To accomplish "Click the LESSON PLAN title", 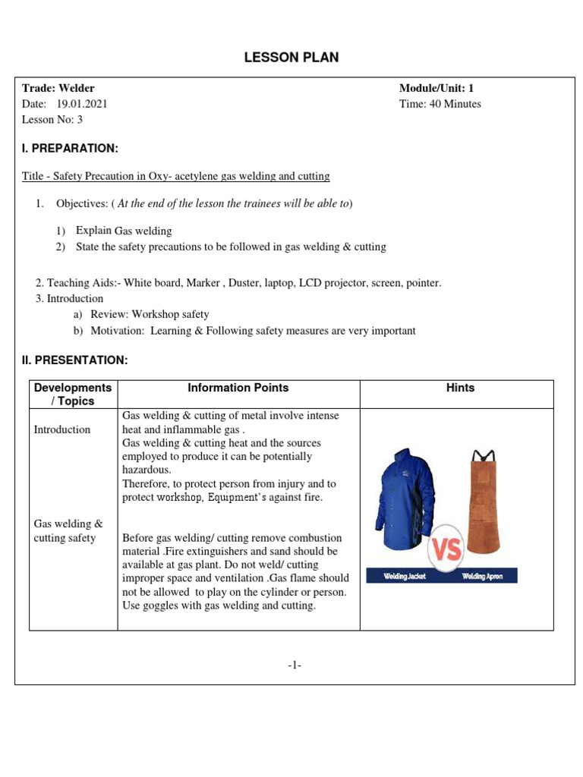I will point(291,58).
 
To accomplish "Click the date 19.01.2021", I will point(82,104).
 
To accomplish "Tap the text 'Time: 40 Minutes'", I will point(440,104).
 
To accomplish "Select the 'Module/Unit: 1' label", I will point(436,89).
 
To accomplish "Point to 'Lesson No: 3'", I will point(52,119).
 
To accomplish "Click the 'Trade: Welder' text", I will point(58,89).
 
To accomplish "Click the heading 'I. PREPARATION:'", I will point(70,147).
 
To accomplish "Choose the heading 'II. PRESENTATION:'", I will point(74,360).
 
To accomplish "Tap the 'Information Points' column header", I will point(238,388).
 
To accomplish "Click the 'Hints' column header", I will point(460,388).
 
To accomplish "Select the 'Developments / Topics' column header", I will point(73,394).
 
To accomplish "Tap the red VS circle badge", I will point(446,549).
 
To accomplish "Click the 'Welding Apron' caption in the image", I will point(482,577).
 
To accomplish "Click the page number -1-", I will point(295,665).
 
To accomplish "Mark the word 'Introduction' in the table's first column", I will point(62,429).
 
